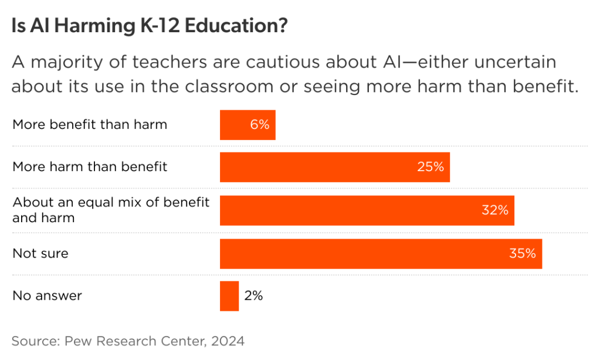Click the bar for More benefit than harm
247,125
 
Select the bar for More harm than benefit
334,167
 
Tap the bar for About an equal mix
367,210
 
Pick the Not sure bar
381,254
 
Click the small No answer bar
229,296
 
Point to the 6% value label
259,125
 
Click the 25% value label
430,167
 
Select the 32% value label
494,210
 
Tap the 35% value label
523,254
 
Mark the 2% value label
253,296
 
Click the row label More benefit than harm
90,125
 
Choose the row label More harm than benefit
90,167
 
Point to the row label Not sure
40,254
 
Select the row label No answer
47,296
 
